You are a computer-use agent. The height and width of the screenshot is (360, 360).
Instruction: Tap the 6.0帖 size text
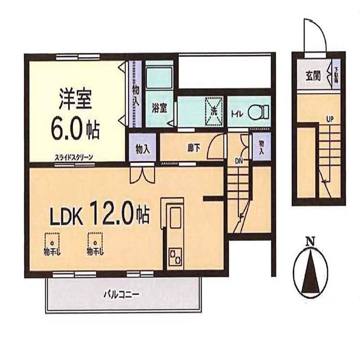click(x=75, y=131)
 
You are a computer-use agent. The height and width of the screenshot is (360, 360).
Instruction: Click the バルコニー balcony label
click(x=121, y=294)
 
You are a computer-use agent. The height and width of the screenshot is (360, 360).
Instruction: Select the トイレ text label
click(x=236, y=115)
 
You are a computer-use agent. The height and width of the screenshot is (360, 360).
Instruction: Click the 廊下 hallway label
click(x=193, y=148)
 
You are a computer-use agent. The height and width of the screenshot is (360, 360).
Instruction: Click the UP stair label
click(x=330, y=119)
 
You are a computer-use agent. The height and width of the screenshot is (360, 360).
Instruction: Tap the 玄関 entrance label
click(x=312, y=76)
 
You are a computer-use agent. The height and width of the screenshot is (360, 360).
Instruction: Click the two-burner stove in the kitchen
click(x=176, y=256)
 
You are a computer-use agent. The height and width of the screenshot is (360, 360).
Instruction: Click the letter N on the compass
click(x=311, y=241)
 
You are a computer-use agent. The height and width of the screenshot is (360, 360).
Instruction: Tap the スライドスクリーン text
click(x=74, y=157)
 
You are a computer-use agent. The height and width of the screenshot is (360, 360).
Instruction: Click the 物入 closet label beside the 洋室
click(x=136, y=94)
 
